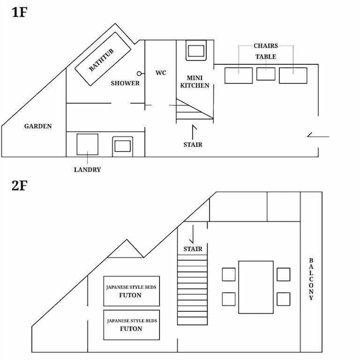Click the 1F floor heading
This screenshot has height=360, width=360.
pos(20,12)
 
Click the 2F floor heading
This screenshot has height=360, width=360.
pos(20,186)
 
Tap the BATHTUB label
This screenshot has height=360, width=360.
pos(101,60)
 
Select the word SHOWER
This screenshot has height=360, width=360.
pos(125,83)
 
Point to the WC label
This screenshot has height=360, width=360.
pos(161,73)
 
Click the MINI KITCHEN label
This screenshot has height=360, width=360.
pos(195,82)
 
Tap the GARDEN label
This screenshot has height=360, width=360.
pos(38,126)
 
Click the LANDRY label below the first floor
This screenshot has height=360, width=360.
pos(88,170)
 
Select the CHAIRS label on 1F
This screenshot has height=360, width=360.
pos(266,46)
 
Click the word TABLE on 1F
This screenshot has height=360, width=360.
pos(266,57)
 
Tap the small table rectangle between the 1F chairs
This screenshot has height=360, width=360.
pos(265,74)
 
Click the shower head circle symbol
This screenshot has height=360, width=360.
pos(139,74)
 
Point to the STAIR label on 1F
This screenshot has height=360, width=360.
pos(193,145)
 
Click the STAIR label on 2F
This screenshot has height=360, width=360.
pos(193,249)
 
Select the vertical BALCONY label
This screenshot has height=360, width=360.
pos(311,279)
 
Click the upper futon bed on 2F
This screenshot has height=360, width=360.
pos(132,291)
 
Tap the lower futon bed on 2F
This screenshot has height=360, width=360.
pos(132,325)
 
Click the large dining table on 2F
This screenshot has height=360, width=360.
pos(256,287)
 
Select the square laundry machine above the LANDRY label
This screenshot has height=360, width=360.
pos(88,145)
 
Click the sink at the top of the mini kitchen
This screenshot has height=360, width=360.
pos(196,51)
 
